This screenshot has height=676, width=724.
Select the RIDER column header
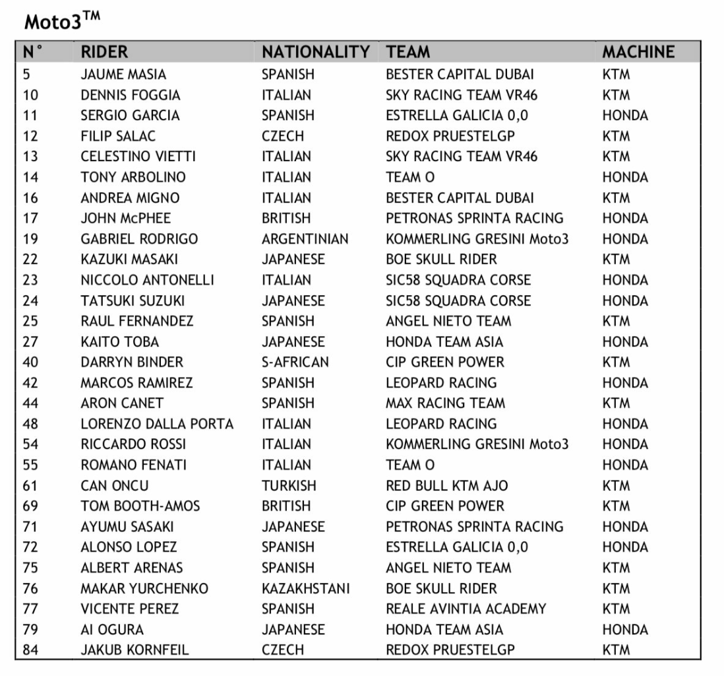tap(104, 51)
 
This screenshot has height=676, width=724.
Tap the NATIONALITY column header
tap(315, 51)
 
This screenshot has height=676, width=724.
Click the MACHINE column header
tap(638, 51)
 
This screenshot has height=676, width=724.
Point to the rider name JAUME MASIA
tap(123, 74)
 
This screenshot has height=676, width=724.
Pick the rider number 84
tap(30, 650)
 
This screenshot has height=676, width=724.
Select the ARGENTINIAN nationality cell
tap(304, 238)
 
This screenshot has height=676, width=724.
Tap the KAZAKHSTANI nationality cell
tap(305, 588)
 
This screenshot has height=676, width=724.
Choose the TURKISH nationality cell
tap(289, 485)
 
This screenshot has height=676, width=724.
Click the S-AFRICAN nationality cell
tap(295, 362)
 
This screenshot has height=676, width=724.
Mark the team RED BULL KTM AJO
tap(446, 485)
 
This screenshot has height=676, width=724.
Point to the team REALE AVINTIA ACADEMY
tap(466, 609)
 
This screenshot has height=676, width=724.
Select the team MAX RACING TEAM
tap(445, 403)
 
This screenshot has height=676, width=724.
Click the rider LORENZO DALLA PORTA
tap(157, 423)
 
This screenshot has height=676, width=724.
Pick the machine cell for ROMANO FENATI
tap(624, 465)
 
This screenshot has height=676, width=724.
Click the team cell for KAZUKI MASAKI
tap(441, 259)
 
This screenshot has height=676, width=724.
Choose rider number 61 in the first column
tap(30, 485)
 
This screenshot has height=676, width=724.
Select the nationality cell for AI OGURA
tap(293, 629)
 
